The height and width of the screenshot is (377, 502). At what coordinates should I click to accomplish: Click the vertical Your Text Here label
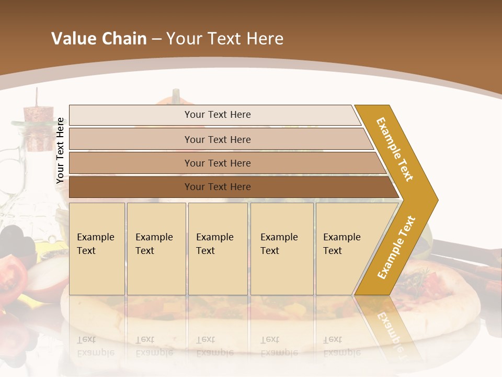point(60,150)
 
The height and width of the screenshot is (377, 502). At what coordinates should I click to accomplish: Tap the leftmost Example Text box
point(97,249)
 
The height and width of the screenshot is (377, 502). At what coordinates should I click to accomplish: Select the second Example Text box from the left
point(156,249)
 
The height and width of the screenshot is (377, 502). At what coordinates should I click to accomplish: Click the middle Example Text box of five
point(218,249)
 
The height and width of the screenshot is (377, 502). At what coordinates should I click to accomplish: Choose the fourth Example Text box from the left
point(281,249)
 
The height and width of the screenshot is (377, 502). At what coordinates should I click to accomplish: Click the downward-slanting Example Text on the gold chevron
point(395,149)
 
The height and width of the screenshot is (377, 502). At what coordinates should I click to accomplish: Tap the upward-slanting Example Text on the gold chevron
point(396,247)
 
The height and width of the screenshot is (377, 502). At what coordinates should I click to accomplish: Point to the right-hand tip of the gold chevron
point(437,199)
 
